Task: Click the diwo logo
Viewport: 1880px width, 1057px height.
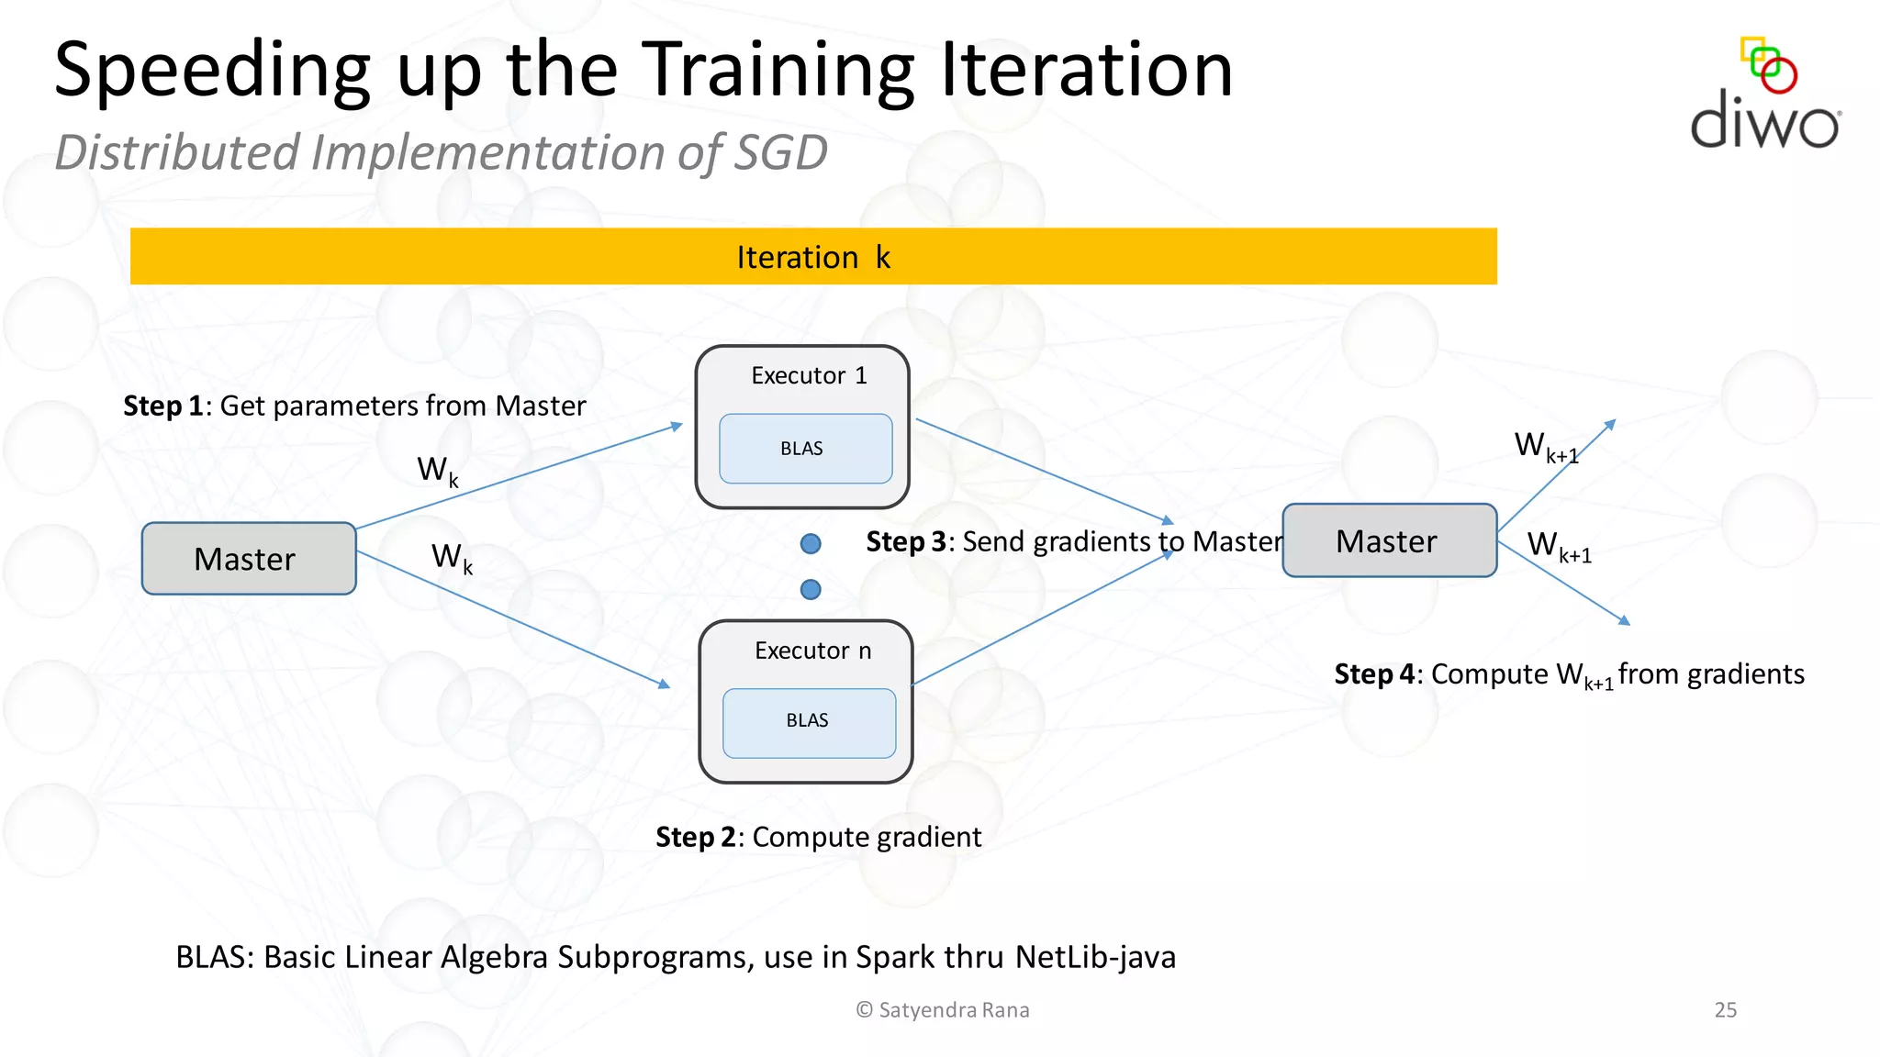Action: point(1764,96)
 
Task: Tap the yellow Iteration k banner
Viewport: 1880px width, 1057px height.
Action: point(813,257)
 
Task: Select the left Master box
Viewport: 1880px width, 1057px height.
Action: point(248,559)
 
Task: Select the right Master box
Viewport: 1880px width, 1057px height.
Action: point(1388,541)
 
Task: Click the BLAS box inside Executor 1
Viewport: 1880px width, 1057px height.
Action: point(805,449)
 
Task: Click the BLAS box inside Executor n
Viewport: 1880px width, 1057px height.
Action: point(808,722)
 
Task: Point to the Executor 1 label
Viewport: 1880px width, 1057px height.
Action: point(809,375)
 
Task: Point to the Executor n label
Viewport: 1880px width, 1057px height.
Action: point(812,651)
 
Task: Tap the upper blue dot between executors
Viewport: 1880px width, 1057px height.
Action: point(811,544)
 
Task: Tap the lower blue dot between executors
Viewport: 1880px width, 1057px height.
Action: point(811,589)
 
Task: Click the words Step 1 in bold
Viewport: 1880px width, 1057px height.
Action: point(162,406)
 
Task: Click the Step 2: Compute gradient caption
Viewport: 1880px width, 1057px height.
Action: point(818,837)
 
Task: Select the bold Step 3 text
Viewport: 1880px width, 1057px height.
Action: point(905,541)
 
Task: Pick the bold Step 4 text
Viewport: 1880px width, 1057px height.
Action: point(1373,674)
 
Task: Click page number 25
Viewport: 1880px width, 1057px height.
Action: point(1725,1009)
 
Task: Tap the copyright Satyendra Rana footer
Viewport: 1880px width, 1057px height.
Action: point(943,1009)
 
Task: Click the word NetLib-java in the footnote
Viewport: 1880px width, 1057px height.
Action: point(1095,957)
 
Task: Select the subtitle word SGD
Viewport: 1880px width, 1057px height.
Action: point(779,152)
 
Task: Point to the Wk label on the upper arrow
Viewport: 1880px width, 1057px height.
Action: point(437,471)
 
